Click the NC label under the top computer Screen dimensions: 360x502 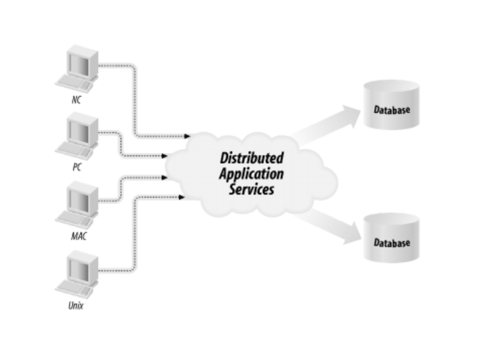point(76,100)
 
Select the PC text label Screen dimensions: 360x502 point(77,168)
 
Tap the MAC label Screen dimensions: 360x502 point(78,236)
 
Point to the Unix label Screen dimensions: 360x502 point(76,305)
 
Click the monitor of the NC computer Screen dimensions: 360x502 point(80,63)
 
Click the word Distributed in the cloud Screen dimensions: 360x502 point(252,158)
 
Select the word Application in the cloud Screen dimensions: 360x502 point(252,174)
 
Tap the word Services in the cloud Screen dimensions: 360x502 point(252,189)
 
